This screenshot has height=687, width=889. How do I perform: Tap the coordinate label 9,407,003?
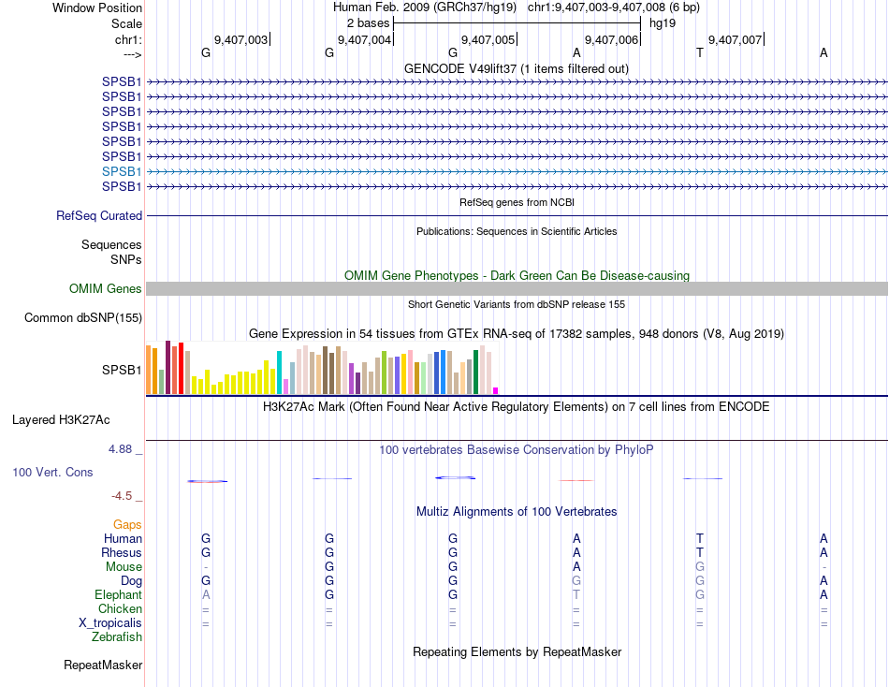pos(241,39)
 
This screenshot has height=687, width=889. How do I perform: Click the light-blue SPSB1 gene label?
pos(122,171)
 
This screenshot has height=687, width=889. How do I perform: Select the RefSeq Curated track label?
pos(99,216)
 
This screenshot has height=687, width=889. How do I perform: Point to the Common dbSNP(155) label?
pos(83,318)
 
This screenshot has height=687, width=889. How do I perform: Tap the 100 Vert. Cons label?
pos(52,473)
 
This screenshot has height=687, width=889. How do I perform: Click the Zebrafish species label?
pos(117,637)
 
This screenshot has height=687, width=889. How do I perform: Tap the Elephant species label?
pos(118,595)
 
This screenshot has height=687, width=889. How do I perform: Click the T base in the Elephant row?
pos(576,595)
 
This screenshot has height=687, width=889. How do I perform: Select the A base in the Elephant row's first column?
pos(206,595)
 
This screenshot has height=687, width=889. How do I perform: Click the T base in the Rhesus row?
pos(700,553)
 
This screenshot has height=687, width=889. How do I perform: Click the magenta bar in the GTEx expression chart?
pos(496,390)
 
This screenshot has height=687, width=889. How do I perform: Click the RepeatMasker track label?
pos(103,665)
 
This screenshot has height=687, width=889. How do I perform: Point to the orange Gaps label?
pos(127,525)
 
